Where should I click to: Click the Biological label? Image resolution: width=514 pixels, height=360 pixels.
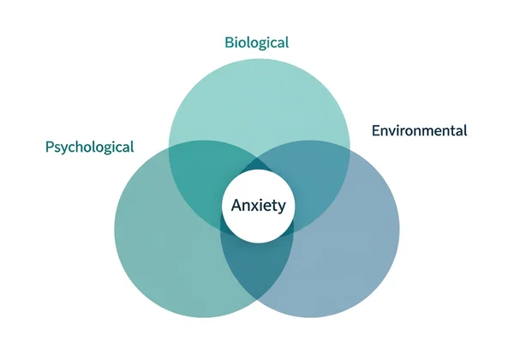257,42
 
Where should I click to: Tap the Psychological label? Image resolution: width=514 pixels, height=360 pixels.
89,147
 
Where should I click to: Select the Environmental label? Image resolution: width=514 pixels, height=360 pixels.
419,131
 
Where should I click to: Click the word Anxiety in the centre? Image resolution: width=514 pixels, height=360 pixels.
258,206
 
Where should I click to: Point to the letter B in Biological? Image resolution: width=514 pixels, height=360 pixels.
229,42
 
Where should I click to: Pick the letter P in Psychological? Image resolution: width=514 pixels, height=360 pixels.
50,147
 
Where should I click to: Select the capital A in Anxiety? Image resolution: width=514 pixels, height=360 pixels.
237,206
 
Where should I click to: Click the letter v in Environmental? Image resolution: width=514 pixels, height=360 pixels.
397,131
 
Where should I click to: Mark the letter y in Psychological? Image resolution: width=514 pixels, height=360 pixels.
69,148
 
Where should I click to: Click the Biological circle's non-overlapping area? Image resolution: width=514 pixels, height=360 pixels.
259,94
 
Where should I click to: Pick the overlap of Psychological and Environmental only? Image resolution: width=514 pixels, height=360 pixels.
258,266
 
